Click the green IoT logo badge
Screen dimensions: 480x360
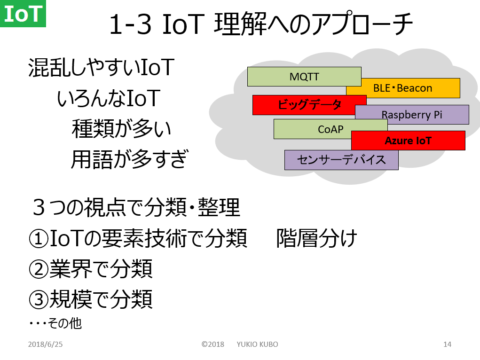click(x=23, y=14)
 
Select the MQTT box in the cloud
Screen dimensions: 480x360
click(x=304, y=77)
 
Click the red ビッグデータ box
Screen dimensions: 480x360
click(x=309, y=105)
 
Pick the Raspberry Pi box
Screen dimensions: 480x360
click(x=412, y=115)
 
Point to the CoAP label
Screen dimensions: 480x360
click(x=330, y=129)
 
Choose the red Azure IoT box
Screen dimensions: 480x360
click(x=408, y=141)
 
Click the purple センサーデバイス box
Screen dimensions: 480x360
click(x=341, y=160)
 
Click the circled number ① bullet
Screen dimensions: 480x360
click(x=39, y=239)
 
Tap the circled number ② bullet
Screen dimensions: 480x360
click(x=39, y=269)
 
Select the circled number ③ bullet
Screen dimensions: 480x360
click(x=39, y=300)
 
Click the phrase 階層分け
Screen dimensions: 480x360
click(x=316, y=238)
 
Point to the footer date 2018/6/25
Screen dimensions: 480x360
click(x=45, y=344)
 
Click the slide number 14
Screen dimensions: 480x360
click(x=447, y=344)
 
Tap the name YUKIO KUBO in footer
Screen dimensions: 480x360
click(x=257, y=344)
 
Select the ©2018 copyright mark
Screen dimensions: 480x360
click(x=213, y=344)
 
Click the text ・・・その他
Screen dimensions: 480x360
click(x=55, y=323)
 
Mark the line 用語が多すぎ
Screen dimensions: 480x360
click(x=129, y=159)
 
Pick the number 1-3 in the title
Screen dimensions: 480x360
click(x=130, y=24)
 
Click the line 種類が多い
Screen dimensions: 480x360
click(x=121, y=129)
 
